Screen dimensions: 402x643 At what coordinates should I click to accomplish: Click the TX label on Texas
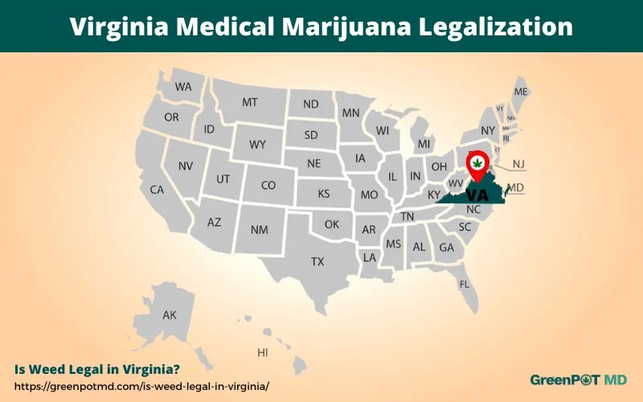pos(317,261)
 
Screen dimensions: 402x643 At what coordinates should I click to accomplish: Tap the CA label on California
pos(157,190)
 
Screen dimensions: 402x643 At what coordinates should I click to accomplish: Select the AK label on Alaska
pos(170,315)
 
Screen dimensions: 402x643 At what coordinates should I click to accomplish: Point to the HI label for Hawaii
pos(262,353)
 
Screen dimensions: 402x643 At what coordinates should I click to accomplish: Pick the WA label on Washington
pos(183,87)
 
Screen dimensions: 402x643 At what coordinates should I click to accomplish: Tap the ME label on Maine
pos(521,92)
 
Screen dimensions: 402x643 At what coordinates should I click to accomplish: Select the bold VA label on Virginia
pos(477,195)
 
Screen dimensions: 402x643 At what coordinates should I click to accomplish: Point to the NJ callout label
pos(518,164)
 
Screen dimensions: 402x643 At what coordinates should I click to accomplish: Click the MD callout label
pos(516,187)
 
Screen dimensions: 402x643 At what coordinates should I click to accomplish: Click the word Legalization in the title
pos(494,27)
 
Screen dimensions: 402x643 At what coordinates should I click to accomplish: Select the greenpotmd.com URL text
pos(141,385)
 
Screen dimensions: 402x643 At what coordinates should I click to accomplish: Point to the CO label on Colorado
pos(268,185)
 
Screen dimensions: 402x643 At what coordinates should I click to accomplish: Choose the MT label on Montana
pos(250,103)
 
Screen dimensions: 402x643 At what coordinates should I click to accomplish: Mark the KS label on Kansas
pos(324,194)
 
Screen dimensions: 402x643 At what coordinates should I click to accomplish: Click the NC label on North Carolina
pos(473,209)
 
